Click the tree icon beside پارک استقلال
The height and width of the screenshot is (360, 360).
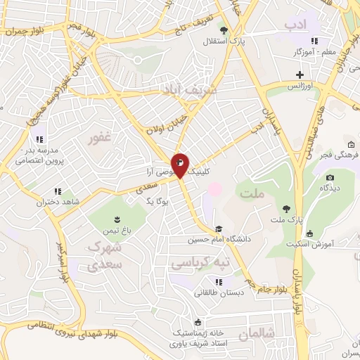point(224,30)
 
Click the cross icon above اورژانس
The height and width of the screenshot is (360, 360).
point(300,74)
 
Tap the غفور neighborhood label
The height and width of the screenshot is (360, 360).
point(99,138)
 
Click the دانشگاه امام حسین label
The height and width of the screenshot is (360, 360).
point(219,239)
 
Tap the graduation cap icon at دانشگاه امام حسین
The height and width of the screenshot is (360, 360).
point(219,229)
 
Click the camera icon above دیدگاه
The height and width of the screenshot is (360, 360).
point(330,177)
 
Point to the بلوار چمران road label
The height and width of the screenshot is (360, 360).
point(25,32)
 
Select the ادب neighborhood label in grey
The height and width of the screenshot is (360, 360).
point(296,25)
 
